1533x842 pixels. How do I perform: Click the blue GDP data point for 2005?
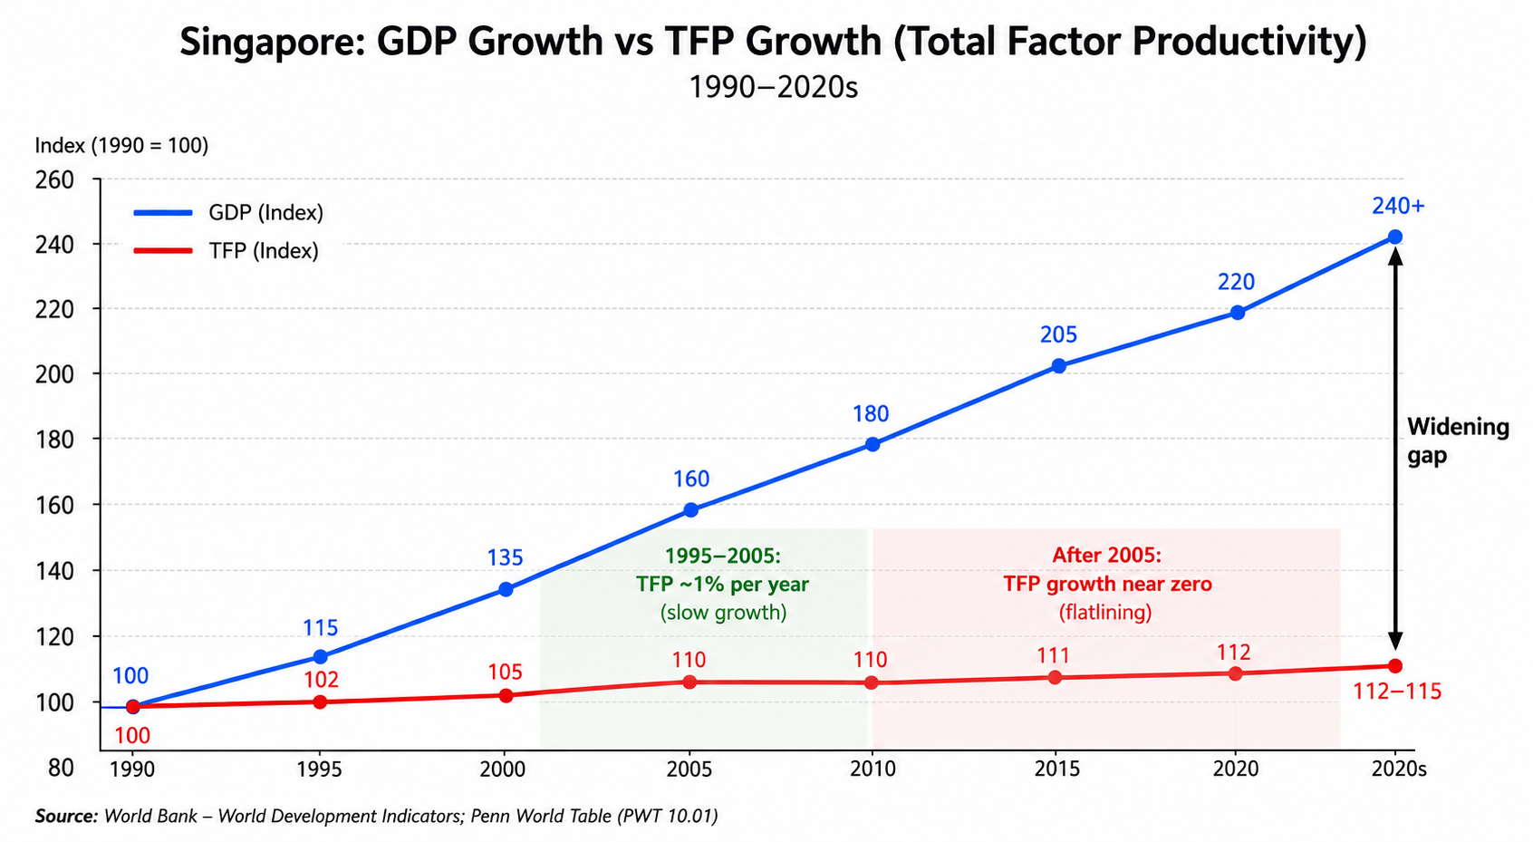(x=691, y=510)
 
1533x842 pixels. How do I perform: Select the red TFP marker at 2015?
(x=1056, y=678)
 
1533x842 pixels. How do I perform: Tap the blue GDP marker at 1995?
(x=320, y=657)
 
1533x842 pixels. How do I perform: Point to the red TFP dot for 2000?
(x=506, y=696)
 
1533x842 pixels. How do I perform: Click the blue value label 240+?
(x=1398, y=206)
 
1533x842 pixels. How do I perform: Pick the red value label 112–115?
(x=1397, y=692)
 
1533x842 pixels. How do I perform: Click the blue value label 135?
(x=505, y=558)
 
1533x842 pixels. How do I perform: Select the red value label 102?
(x=321, y=680)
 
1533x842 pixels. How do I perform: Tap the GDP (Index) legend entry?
(x=228, y=213)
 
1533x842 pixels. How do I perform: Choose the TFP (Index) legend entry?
(x=227, y=251)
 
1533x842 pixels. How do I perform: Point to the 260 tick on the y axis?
(x=54, y=180)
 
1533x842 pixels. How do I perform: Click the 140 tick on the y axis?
(x=54, y=571)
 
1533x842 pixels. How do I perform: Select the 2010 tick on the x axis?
(x=873, y=769)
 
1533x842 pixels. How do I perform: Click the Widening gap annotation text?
(x=1458, y=441)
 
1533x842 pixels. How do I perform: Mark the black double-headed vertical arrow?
(x=1395, y=449)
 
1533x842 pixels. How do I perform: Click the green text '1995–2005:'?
(x=723, y=556)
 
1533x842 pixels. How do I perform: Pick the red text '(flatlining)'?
(x=1105, y=612)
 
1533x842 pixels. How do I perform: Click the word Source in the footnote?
(x=66, y=816)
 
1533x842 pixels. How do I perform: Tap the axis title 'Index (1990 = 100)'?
(x=121, y=146)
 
